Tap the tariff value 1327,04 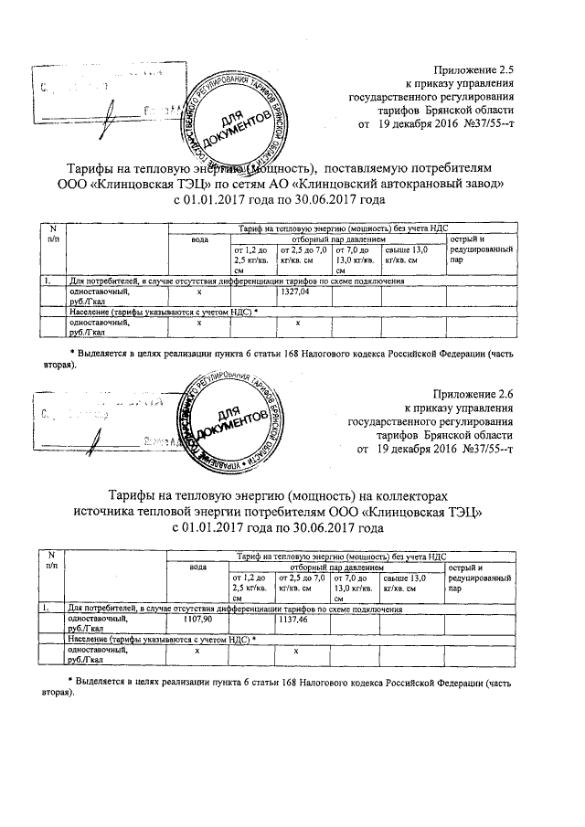(293, 292)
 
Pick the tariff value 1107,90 (197, 619)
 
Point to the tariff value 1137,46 (293, 619)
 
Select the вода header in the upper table (198, 239)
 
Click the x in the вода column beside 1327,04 (198, 292)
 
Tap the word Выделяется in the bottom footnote (106, 682)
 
